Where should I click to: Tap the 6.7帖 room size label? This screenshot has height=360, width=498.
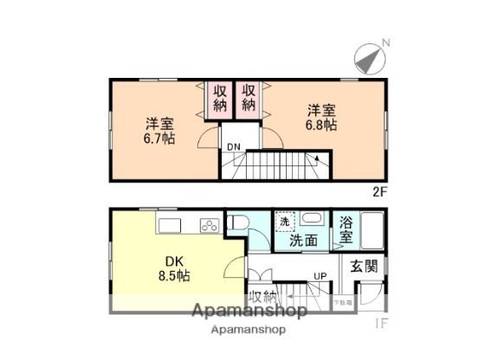158,130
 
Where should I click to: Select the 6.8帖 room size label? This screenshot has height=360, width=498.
320,118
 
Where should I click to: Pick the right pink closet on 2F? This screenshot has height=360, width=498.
249,99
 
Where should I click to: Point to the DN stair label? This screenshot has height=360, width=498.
234,146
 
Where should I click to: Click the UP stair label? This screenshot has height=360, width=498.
320,277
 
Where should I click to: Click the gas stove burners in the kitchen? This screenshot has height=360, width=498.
210,226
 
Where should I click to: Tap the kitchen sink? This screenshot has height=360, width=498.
170,225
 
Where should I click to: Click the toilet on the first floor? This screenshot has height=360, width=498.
237,224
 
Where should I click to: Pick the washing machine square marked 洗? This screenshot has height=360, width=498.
284,222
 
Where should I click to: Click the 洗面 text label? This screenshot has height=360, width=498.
304,239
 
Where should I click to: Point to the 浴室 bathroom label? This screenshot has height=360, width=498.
346,228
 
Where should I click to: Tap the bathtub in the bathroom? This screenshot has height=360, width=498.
372,229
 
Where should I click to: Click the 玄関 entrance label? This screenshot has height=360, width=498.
365,267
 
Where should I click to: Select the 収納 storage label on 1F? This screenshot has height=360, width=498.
263,297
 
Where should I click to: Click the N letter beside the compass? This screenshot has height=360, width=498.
386,42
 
